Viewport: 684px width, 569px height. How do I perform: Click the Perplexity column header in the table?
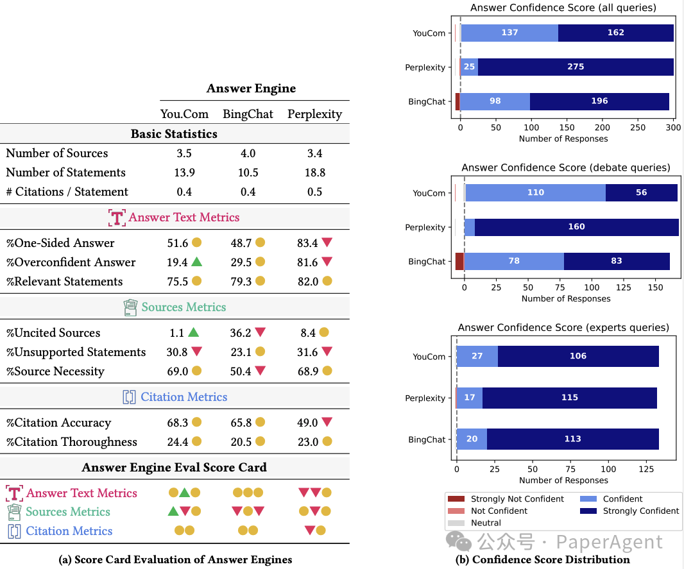(314, 114)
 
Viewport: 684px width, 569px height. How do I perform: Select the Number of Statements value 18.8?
(314, 173)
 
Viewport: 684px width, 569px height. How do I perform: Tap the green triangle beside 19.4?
(196, 262)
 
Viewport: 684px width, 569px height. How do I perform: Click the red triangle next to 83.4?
(327, 242)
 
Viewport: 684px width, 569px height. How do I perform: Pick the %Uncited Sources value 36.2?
(241, 333)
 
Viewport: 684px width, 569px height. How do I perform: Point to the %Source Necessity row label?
(55, 371)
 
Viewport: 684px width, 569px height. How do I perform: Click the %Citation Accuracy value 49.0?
(307, 423)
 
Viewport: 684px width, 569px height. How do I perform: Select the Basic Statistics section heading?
(174, 134)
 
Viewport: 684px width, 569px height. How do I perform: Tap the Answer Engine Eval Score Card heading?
(174, 467)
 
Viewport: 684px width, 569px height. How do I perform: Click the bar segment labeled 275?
(576, 67)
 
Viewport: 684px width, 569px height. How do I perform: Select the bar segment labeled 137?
(509, 33)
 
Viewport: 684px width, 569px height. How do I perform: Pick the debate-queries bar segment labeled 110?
(535, 192)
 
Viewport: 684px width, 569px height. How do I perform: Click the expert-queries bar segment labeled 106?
(578, 356)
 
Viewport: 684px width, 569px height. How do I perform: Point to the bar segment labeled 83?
(617, 261)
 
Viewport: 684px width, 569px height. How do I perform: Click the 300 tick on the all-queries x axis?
(673, 128)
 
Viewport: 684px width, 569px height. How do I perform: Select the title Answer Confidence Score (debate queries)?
(565, 167)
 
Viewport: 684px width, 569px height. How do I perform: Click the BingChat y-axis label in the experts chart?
(426, 440)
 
